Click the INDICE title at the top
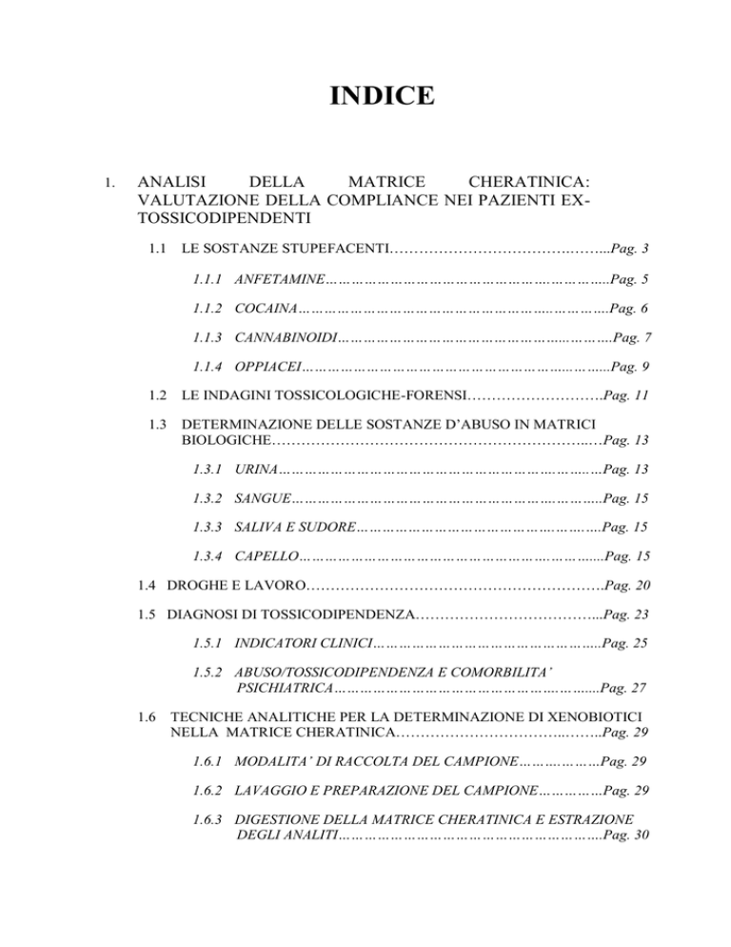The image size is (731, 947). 366,97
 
